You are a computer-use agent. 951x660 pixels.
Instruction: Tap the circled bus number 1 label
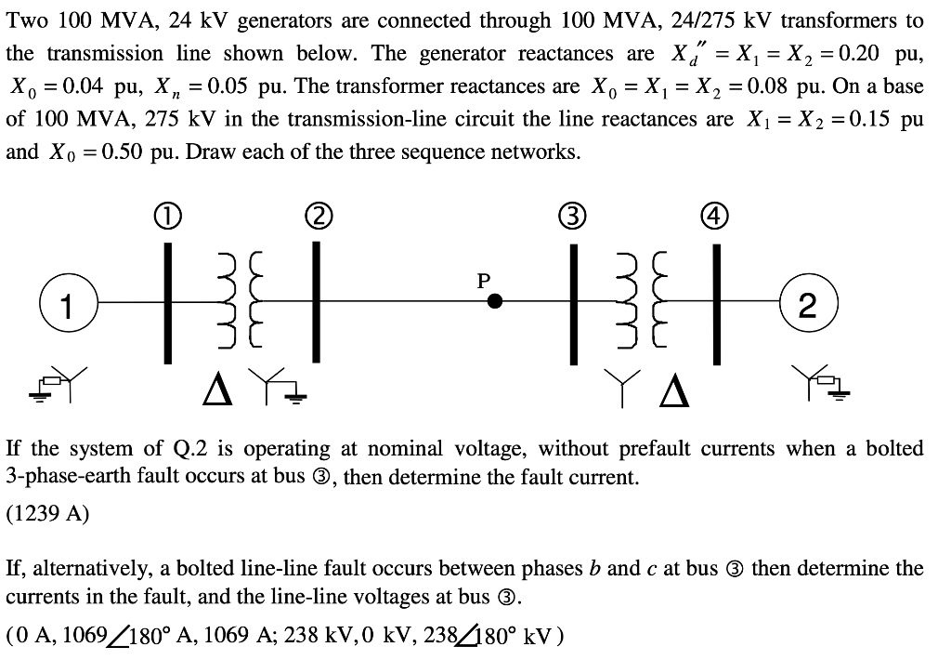coord(167,219)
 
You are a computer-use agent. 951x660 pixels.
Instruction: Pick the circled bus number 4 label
coord(716,219)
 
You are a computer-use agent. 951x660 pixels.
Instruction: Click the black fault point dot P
coord(496,301)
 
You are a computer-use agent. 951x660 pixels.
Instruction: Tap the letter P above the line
coord(483,278)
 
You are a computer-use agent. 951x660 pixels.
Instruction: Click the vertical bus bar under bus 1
coord(168,301)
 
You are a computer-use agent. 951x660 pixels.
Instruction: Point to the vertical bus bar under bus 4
coord(716,301)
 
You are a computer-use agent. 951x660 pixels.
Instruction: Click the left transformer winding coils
coord(234,301)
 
